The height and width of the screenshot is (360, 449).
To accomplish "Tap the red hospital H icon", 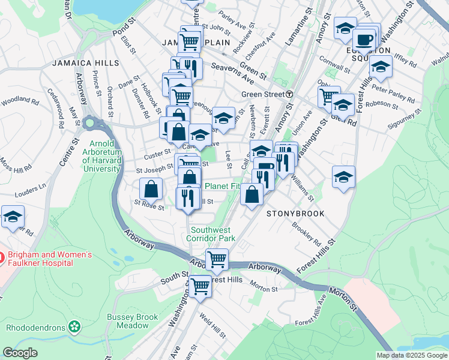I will [1, 259].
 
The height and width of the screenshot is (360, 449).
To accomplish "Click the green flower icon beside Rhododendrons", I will [74, 328].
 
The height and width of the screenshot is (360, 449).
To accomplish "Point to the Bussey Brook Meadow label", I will [132, 321].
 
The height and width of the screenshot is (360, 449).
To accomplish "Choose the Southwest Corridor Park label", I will [213, 234].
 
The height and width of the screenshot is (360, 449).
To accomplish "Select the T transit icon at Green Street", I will [289, 94].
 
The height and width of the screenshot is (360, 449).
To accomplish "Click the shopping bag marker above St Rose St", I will [151, 188].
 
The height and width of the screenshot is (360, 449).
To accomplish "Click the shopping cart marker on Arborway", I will [217, 259].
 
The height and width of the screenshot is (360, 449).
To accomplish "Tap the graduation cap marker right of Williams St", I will [343, 177].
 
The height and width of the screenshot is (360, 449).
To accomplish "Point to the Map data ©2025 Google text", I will [411, 355].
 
